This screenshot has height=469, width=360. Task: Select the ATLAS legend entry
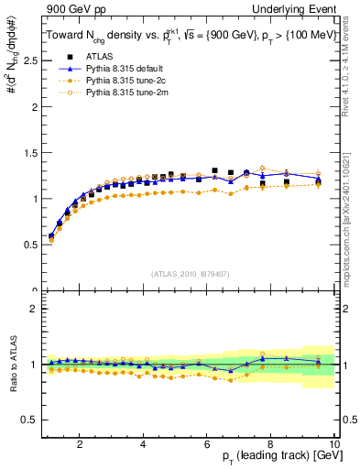(98, 57)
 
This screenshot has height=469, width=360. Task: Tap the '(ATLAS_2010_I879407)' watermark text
(189, 272)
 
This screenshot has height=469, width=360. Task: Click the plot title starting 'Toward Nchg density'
(191, 34)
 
